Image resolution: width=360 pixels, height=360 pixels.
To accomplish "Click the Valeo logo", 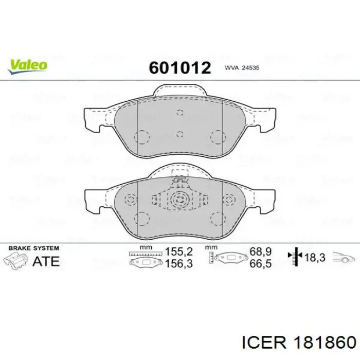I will [x=27, y=64].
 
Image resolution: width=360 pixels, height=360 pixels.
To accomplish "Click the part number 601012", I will [x=180, y=68].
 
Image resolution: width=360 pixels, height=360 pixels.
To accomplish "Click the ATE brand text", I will [x=46, y=261].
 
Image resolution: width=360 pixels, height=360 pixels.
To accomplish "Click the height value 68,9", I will [x=260, y=253].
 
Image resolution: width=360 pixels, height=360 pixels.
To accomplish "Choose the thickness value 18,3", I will [x=315, y=258].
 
